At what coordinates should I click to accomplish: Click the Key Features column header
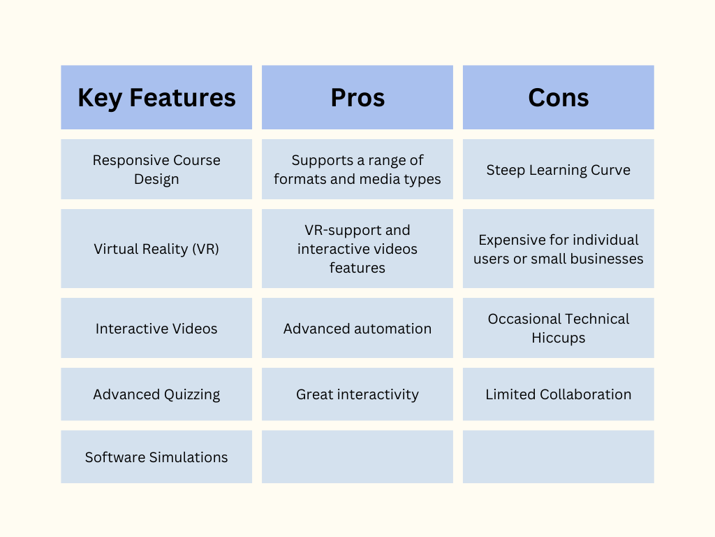[156, 97]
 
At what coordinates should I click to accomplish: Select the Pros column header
[357, 97]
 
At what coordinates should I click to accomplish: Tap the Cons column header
[559, 97]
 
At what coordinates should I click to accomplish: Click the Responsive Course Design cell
[156, 169]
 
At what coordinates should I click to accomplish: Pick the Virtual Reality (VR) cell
[156, 249]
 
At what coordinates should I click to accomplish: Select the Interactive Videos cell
[156, 329]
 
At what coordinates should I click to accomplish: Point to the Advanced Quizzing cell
[156, 394]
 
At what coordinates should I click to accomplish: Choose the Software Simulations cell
[156, 457]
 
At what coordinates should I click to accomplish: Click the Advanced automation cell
[357, 329]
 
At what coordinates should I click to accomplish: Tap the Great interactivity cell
[357, 394]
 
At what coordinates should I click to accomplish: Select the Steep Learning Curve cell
[559, 170]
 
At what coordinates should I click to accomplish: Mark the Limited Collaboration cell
[559, 394]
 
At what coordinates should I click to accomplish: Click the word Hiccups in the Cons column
[559, 338]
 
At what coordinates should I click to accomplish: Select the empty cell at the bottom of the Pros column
[357, 457]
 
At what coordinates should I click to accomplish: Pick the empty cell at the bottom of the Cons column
[559, 457]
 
